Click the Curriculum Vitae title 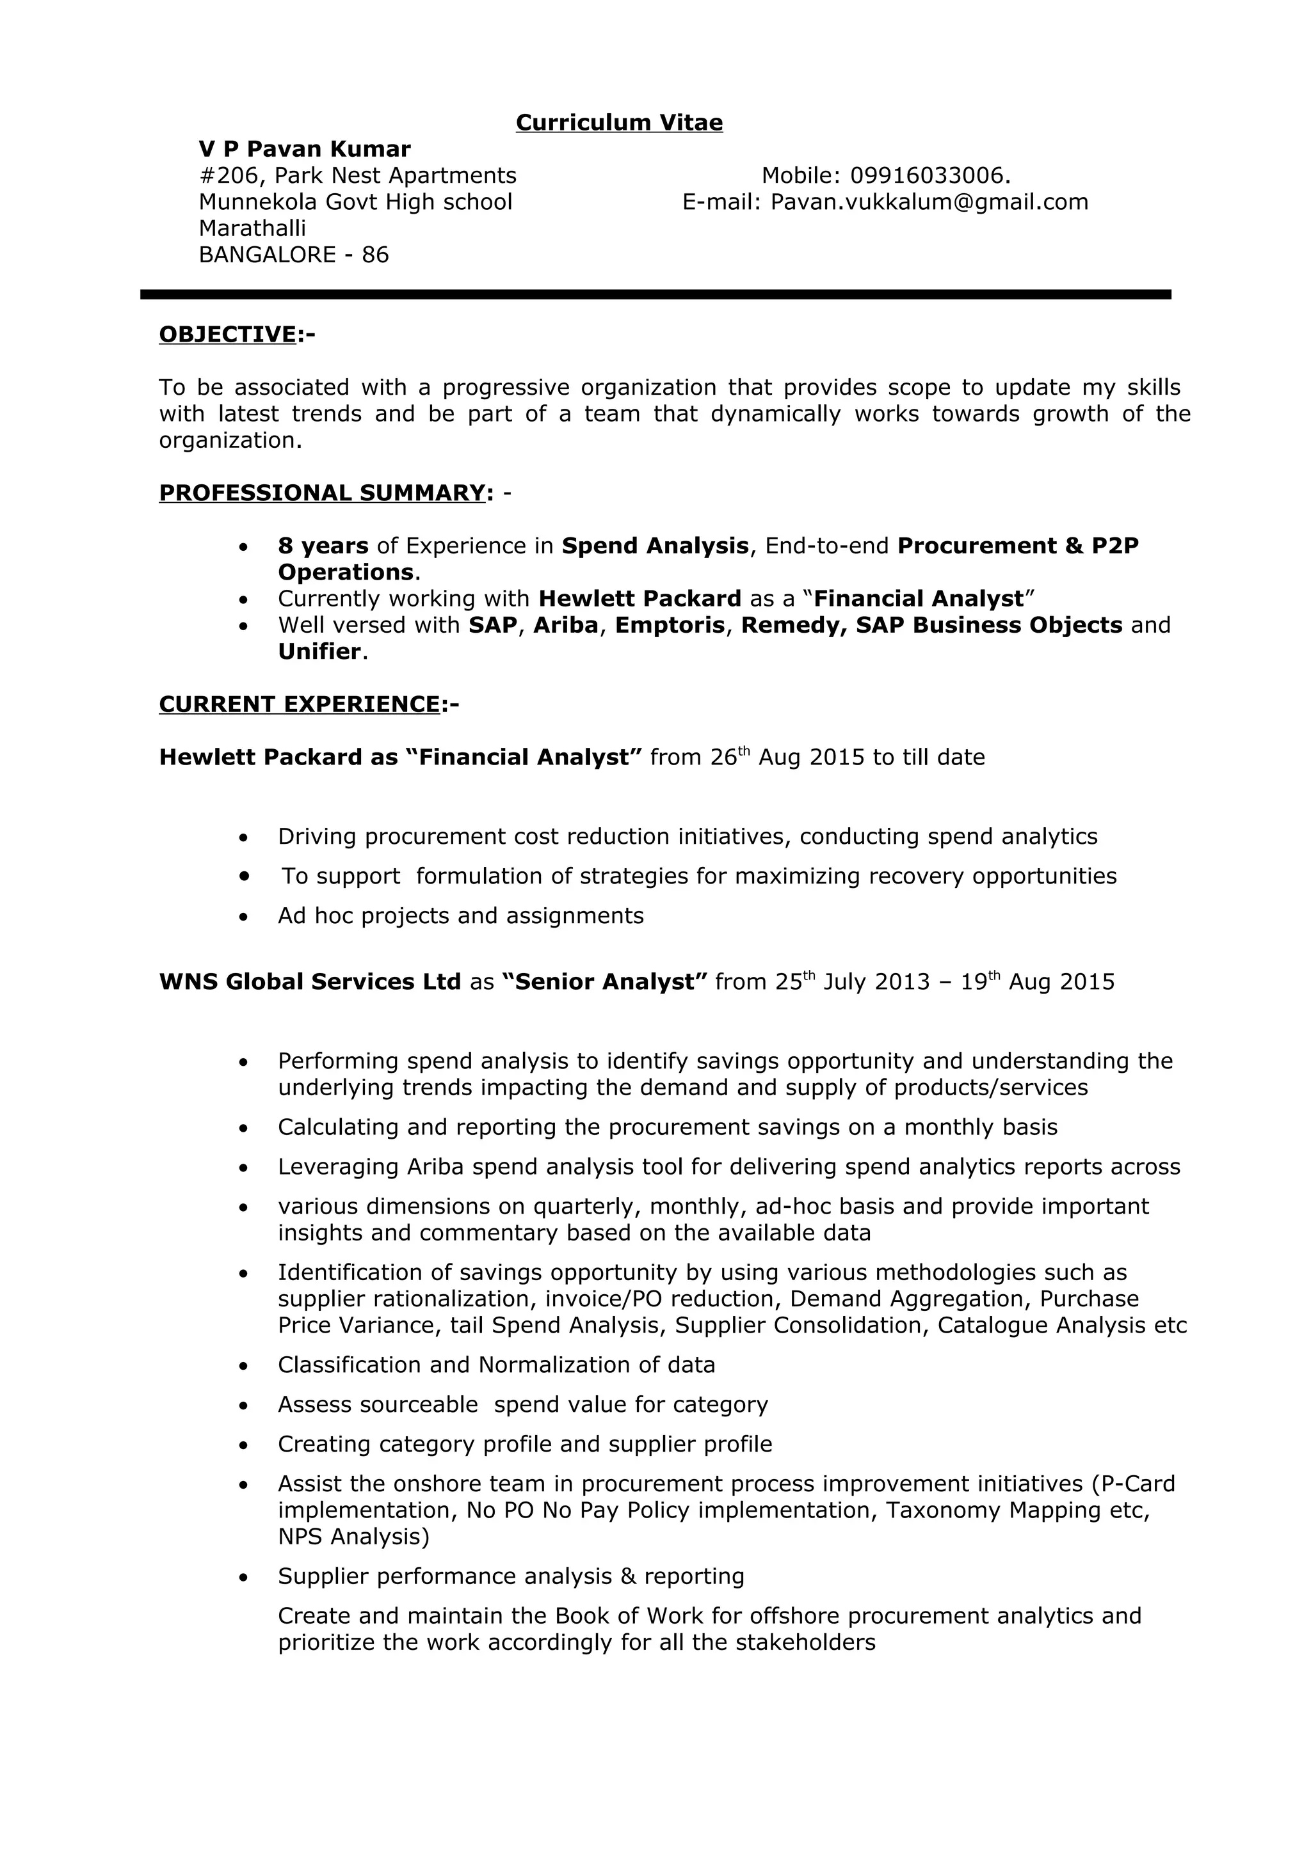619,123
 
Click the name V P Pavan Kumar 305,150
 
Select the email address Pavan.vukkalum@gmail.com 929,202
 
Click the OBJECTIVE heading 228,335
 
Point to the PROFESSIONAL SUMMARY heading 321,493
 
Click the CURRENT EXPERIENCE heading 300,704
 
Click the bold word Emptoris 670,625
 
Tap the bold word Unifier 319,652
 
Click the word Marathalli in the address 252,228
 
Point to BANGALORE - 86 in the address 293,255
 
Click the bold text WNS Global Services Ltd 309,982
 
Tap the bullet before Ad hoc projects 244,917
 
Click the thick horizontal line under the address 655,295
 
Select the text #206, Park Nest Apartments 357,176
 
